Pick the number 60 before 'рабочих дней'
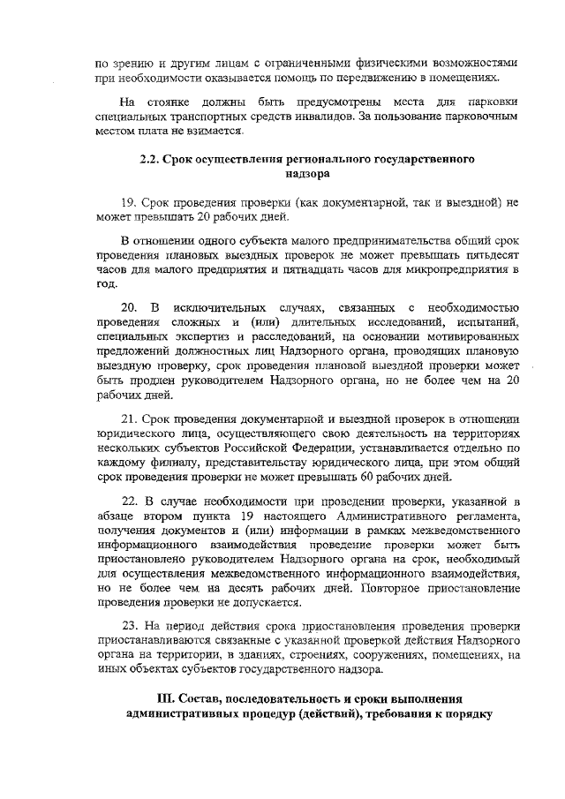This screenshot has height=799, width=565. tap(388, 478)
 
